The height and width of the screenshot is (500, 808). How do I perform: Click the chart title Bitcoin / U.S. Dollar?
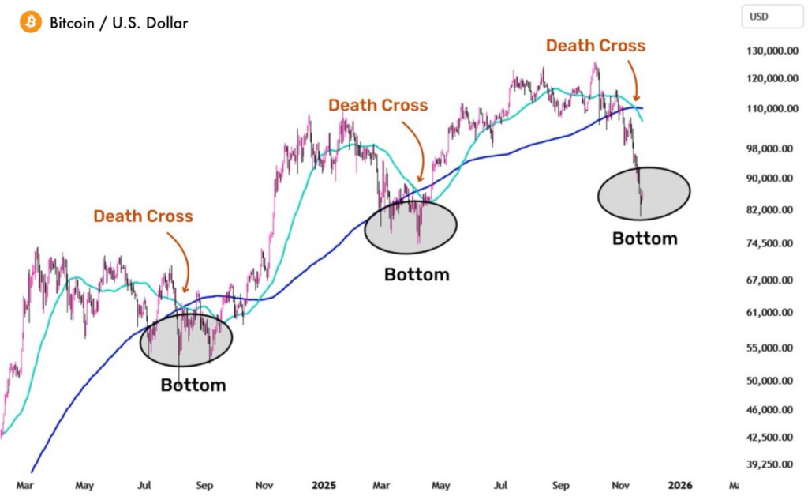coord(118,23)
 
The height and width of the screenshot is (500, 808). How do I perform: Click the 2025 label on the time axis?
coord(324,484)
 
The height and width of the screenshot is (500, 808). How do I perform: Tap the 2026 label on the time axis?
coord(679,484)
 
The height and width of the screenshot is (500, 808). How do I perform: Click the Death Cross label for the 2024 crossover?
coord(143,216)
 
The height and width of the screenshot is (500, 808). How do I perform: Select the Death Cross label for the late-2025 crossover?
coord(596,46)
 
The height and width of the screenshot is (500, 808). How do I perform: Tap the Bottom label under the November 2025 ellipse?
coord(645,239)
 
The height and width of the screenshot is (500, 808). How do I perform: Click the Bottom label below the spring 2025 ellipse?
coord(417,275)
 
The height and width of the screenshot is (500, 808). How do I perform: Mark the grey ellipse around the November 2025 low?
coord(644,193)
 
